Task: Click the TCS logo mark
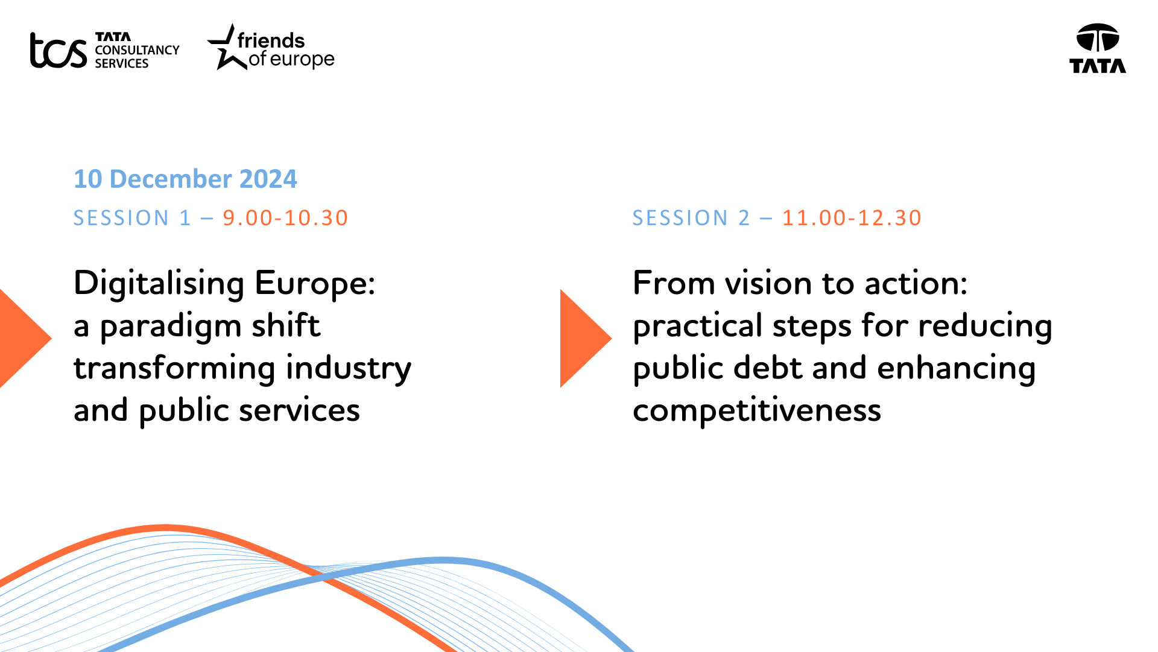59,50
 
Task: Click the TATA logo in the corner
1098,48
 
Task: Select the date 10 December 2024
185,179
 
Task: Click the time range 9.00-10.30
285,218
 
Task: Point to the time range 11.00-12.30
852,218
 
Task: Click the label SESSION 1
132,218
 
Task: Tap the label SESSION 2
691,218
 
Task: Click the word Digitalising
159,284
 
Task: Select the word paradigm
171,327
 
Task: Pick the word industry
349,368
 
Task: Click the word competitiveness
757,411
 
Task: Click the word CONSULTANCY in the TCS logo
137,50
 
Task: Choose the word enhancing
957,368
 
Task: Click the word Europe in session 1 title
315,284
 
